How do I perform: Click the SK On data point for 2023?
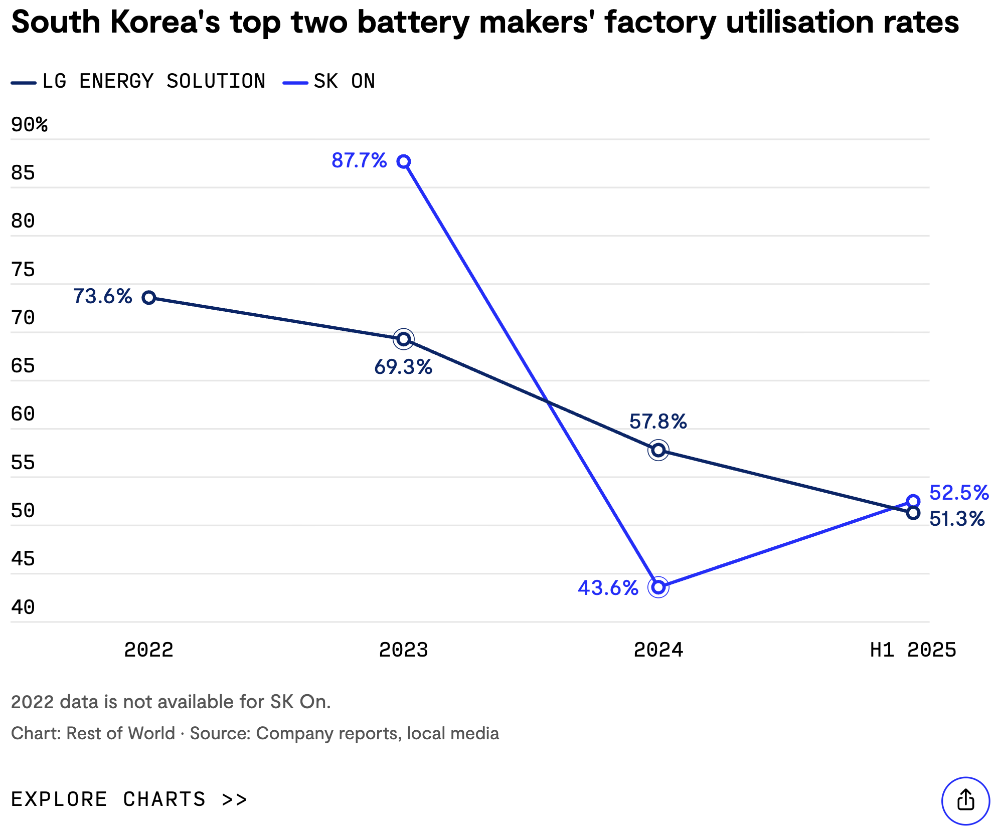click(404, 161)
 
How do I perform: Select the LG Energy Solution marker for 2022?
click(148, 298)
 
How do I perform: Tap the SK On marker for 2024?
click(658, 587)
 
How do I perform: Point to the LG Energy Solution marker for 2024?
click(658, 450)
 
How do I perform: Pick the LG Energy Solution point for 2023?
click(404, 339)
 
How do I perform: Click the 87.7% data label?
click(359, 161)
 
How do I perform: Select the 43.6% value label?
click(608, 588)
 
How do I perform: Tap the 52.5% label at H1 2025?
click(958, 493)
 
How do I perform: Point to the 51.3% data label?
click(957, 519)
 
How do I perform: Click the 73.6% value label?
click(102, 296)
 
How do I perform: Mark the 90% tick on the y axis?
click(29, 125)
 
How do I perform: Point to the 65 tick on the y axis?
click(23, 366)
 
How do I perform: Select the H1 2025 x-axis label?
click(913, 650)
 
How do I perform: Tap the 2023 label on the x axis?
click(404, 650)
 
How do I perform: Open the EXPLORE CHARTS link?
click(129, 799)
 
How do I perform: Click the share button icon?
click(965, 800)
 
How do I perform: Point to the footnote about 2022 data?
click(171, 702)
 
